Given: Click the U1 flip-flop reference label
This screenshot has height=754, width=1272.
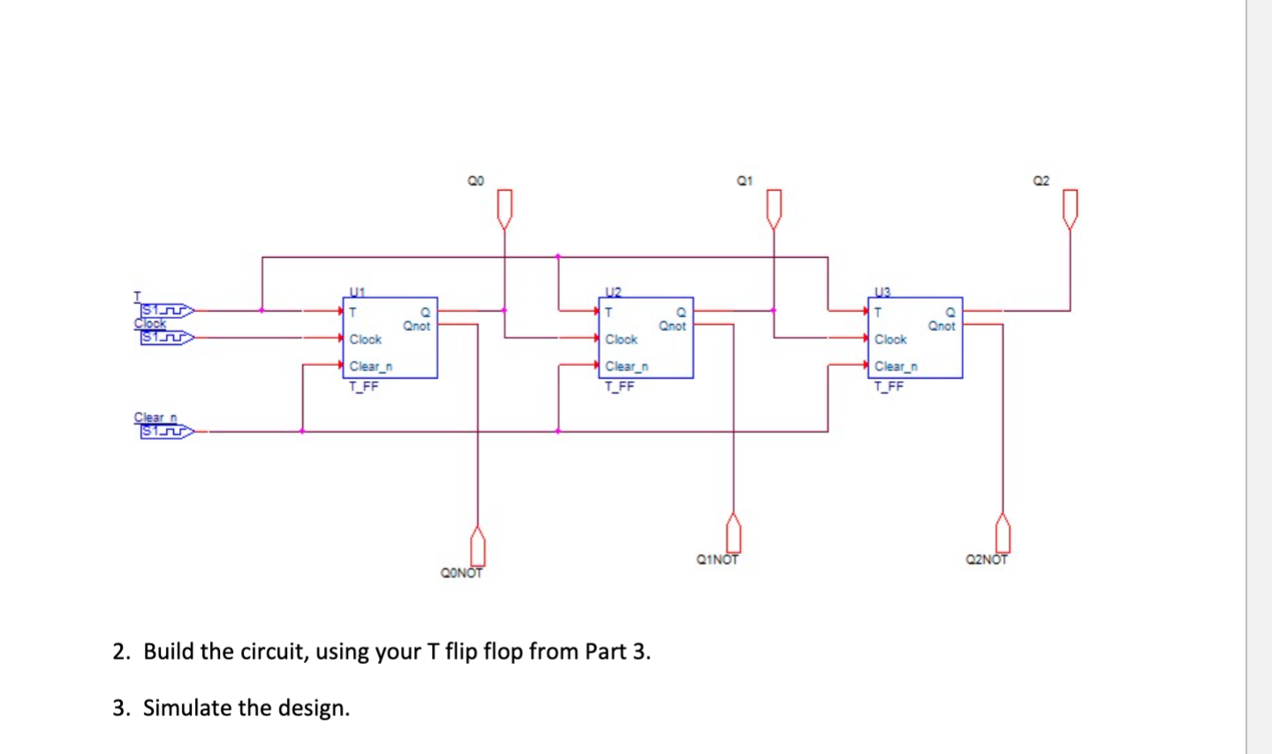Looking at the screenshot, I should click(x=357, y=290).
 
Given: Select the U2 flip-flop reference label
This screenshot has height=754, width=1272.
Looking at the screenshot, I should click(x=613, y=290).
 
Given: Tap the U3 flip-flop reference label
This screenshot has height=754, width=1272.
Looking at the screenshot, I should click(x=882, y=290).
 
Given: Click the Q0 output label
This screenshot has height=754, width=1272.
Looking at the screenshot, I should click(x=476, y=181).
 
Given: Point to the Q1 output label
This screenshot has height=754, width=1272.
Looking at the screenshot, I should click(x=745, y=181).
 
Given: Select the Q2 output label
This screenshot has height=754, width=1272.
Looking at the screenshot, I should click(x=1041, y=181).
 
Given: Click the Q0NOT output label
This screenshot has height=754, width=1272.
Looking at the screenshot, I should click(x=461, y=573).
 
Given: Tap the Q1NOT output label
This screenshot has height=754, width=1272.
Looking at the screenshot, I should click(x=717, y=559).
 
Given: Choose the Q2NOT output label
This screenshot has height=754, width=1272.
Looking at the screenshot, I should click(x=987, y=559).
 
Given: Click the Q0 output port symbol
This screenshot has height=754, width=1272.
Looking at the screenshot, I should click(x=504, y=208).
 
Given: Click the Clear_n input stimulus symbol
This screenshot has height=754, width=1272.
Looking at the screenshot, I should click(x=166, y=432).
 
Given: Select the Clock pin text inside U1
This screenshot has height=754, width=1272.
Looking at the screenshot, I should click(x=365, y=339).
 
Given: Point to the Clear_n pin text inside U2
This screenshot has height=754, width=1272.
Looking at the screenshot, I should click(x=626, y=366).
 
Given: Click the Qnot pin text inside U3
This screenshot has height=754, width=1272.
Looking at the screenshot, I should click(x=941, y=326).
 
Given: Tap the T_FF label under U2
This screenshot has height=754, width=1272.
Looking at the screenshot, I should click(x=619, y=387).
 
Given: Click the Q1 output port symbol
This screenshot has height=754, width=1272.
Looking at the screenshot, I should click(x=774, y=208).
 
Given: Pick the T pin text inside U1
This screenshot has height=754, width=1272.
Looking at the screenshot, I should click(x=352, y=312).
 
